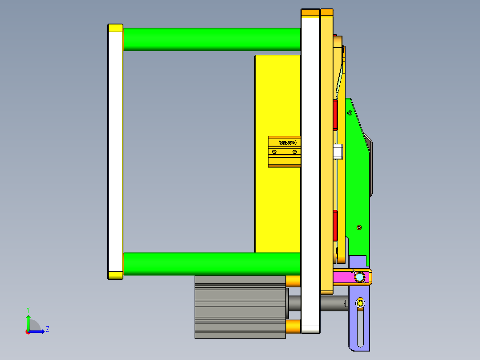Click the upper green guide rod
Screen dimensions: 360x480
click(212, 39)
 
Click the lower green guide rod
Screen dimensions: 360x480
click(212, 264)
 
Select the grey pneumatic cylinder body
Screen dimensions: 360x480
click(240, 307)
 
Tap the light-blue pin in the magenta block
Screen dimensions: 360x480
click(359, 278)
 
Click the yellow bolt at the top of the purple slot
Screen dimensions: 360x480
click(360, 304)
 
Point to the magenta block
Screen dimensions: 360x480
click(343, 277)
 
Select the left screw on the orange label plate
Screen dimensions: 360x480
click(274, 152)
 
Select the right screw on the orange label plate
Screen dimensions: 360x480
click(294, 152)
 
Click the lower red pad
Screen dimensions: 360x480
click(335, 225)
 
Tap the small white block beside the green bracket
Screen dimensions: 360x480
click(338, 151)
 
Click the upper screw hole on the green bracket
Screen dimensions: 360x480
click(350, 113)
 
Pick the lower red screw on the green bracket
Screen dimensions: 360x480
click(359, 228)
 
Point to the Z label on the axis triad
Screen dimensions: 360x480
click(47, 329)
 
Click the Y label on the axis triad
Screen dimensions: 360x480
click(28, 310)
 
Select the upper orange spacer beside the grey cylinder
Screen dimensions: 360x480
click(293, 282)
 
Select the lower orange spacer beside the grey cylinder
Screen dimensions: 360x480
click(293, 327)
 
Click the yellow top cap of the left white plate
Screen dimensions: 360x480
click(115, 28)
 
